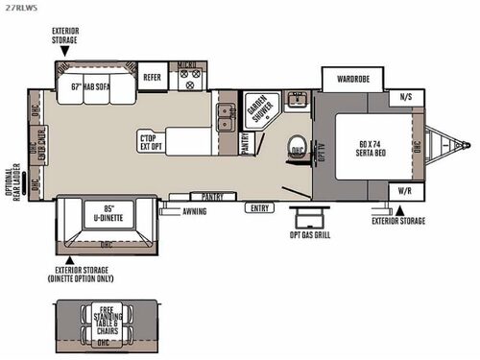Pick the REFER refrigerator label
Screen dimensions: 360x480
click(x=152, y=77)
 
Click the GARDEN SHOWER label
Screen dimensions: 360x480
click(x=256, y=108)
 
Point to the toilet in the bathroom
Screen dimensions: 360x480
click(x=297, y=149)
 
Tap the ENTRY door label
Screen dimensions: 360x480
click(x=258, y=208)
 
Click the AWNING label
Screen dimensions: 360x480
click(x=194, y=210)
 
